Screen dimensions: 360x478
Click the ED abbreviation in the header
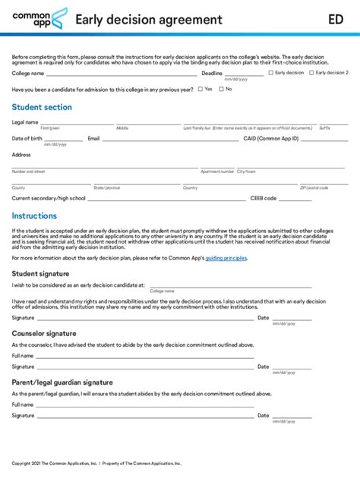[x=336, y=20]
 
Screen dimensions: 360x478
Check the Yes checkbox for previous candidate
[x=200, y=89]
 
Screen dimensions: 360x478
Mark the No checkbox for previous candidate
[x=221, y=89]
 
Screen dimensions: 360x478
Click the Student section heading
[x=42, y=108]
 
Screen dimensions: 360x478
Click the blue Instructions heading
[x=34, y=215]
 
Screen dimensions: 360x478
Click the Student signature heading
[x=41, y=273]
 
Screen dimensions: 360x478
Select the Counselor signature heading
[x=44, y=333]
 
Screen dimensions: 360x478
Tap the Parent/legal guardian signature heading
[x=62, y=382]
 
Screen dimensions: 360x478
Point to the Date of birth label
[x=27, y=139]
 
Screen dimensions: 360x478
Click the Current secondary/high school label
[x=49, y=198]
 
